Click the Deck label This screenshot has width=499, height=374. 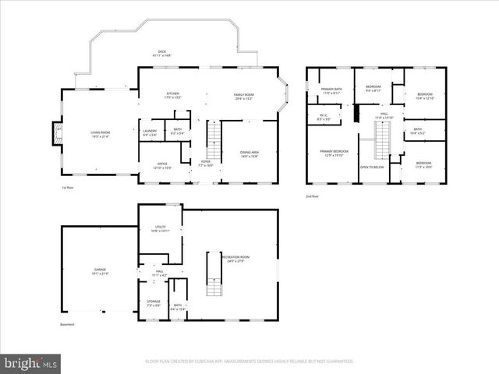(164, 54)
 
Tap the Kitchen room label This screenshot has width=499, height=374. (172, 97)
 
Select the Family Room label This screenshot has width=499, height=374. (244, 97)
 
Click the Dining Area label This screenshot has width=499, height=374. (249, 153)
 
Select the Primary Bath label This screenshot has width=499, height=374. (331, 90)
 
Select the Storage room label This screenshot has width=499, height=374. (154, 302)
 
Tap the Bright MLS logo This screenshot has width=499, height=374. (31, 363)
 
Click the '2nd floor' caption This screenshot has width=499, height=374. (312, 196)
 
